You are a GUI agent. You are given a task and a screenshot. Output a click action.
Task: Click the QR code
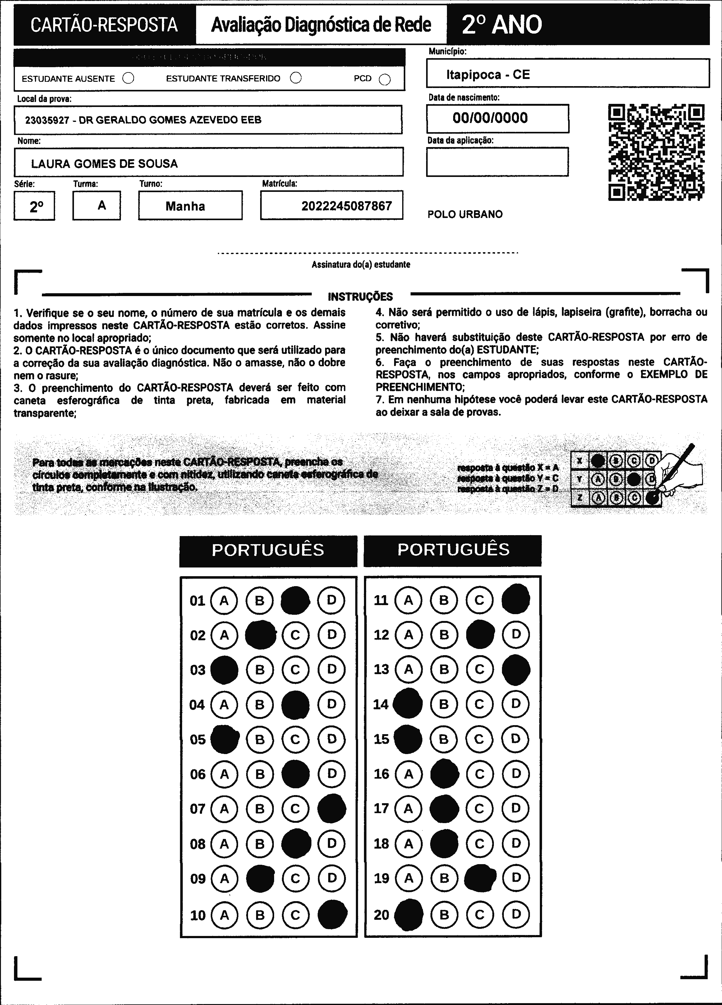tap(656, 152)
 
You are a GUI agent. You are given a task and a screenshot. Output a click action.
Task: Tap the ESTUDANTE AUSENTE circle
tap(128, 78)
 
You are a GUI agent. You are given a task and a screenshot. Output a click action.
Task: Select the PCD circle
tap(385, 79)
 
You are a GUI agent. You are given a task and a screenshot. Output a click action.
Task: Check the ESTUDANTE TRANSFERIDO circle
tap(296, 78)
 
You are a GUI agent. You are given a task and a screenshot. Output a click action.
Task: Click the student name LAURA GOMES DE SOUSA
tap(104, 164)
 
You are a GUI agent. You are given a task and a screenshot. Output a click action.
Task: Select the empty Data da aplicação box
tap(497, 162)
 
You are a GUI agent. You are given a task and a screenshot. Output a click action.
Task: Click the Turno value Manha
tap(185, 206)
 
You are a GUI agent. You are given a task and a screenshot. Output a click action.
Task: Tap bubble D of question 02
tap(331, 635)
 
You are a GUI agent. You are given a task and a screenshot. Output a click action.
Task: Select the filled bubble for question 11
tap(516, 600)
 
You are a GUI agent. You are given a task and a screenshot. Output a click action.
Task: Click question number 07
tap(198, 809)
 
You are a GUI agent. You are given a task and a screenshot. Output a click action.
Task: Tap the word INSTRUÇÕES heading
tap(360, 296)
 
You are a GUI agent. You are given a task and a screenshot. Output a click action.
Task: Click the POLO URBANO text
tap(465, 215)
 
